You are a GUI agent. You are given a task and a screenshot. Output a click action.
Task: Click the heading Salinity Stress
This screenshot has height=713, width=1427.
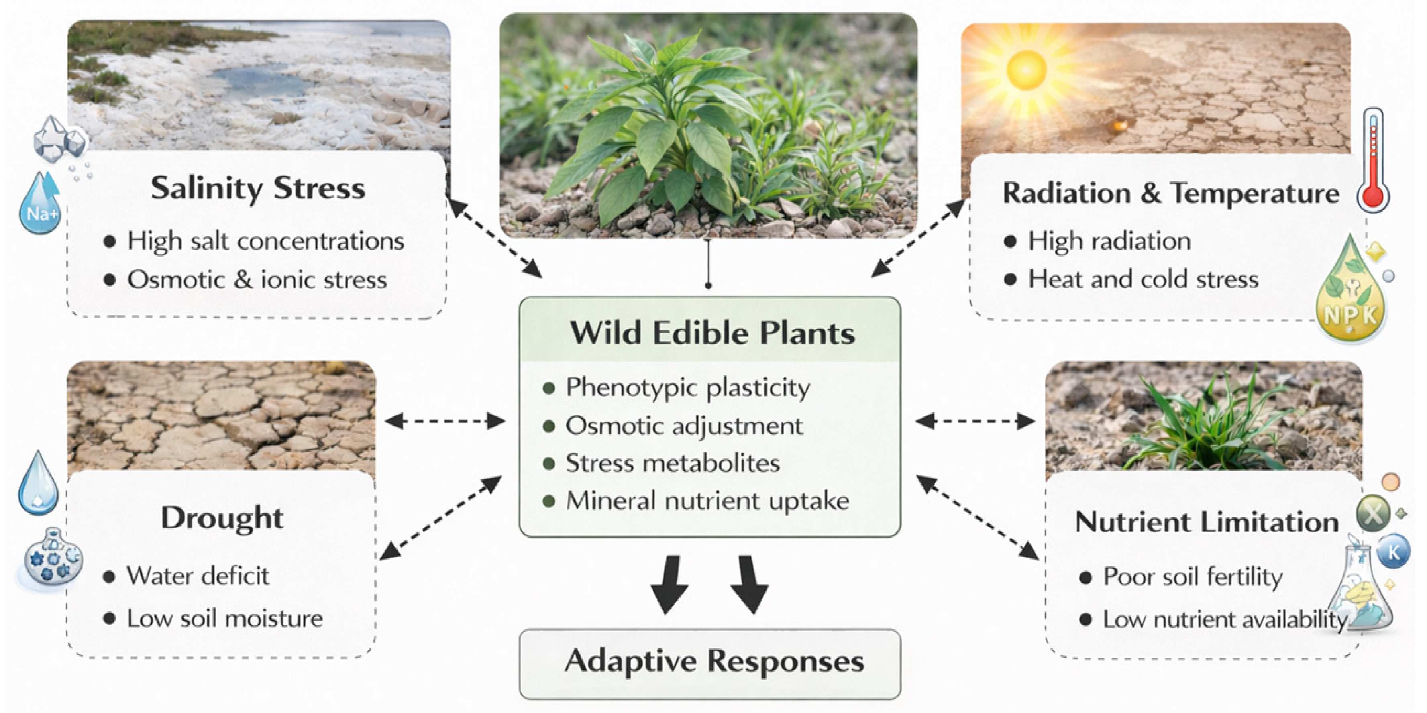click(x=258, y=188)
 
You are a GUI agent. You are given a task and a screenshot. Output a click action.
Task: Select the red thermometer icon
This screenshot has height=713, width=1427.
click(x=1373, y=159)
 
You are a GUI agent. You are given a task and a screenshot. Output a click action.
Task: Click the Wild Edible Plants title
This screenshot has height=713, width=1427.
click(x=712, y=333)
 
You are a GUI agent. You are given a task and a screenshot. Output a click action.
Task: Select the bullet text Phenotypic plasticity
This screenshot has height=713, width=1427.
click(x=687, y=388)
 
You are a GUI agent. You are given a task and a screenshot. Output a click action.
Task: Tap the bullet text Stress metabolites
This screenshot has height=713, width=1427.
click(x=673, y=463)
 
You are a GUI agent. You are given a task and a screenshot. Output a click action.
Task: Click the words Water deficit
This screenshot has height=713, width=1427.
click(x=198, y=576)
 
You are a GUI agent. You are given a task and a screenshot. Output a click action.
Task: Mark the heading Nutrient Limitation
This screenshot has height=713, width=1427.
click(x=1207, y=522)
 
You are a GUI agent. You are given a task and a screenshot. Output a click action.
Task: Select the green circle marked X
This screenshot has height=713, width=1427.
click(x=1373, y=513)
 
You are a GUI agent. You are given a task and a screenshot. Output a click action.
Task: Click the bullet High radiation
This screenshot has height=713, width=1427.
click(x=1109, y=241)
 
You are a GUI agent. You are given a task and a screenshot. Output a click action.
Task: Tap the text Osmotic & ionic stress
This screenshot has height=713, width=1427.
click(x=257, y=279)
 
